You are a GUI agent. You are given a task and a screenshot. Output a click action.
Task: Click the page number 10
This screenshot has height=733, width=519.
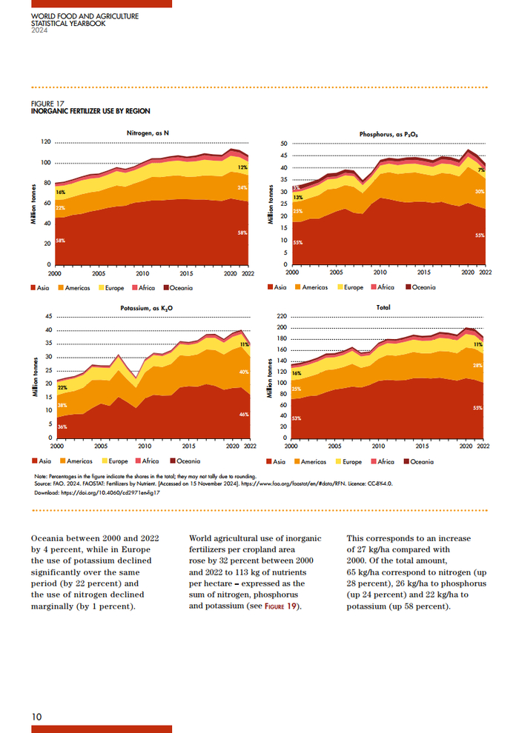click(36, 716)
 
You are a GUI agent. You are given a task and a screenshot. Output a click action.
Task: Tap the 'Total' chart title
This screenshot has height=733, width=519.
click(383, 307)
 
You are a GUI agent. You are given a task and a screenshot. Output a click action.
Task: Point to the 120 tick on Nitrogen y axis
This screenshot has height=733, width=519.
click(46, 142)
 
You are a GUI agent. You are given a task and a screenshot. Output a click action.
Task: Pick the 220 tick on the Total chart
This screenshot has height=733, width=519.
click(282, 316)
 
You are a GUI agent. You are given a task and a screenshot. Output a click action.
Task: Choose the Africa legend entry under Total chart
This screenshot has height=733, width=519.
click(382, 461)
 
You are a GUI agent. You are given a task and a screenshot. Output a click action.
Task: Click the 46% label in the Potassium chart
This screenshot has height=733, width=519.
click(243, 415)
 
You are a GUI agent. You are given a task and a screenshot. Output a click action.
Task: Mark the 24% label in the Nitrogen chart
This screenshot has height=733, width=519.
click(242, 188)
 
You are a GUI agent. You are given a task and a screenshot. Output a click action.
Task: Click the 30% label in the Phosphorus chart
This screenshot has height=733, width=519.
click(480, 192)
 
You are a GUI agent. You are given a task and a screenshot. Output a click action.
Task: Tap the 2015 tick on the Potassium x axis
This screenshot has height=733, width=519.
click(189, 446)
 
